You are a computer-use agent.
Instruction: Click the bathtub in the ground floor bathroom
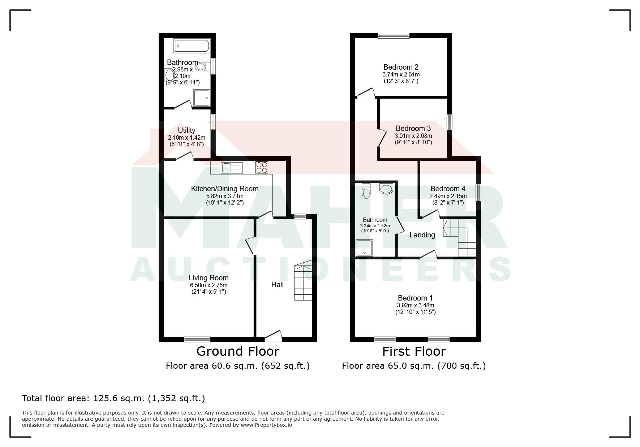coord(192,46)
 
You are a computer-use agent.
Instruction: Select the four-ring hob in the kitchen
coord(262,167)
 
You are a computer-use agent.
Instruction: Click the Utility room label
coord(186,130)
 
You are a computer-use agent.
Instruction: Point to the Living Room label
coord(209,278)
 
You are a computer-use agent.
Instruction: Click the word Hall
coord(278,285)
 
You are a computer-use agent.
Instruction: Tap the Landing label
coord(422,235)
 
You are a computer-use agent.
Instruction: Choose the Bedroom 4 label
coord(448,189)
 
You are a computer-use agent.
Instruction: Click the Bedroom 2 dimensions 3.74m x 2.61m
coord(401,74)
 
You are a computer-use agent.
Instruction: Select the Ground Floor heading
coord(238,351)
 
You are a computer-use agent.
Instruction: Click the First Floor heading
coord(414,351)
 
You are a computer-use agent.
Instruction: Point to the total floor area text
coord(113,398)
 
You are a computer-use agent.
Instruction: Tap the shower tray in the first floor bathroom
coord(364,248)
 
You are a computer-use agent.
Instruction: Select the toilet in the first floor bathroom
coord(366,191)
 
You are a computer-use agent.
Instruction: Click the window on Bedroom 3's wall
coord(450,122)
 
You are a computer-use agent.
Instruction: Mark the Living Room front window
coord(197,339)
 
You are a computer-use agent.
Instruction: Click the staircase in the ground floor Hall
coord(303,280)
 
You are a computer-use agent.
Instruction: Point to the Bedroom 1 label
coord(415,298)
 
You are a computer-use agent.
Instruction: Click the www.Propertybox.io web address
coord(266,425)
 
